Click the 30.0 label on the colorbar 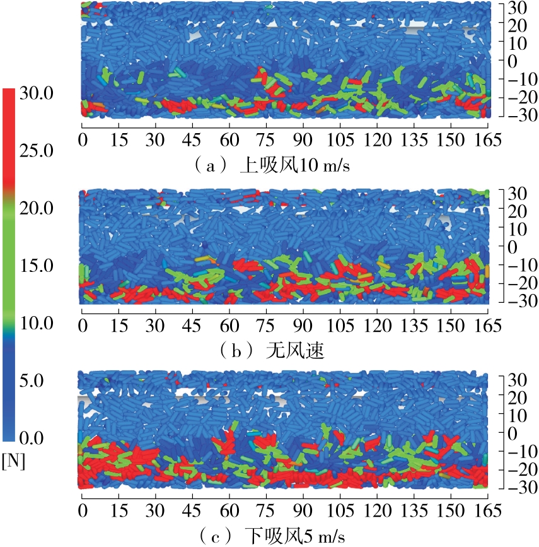(x=38, y=93)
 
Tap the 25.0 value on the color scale (x=38, y=151)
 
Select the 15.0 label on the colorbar (x=38, y=266)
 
